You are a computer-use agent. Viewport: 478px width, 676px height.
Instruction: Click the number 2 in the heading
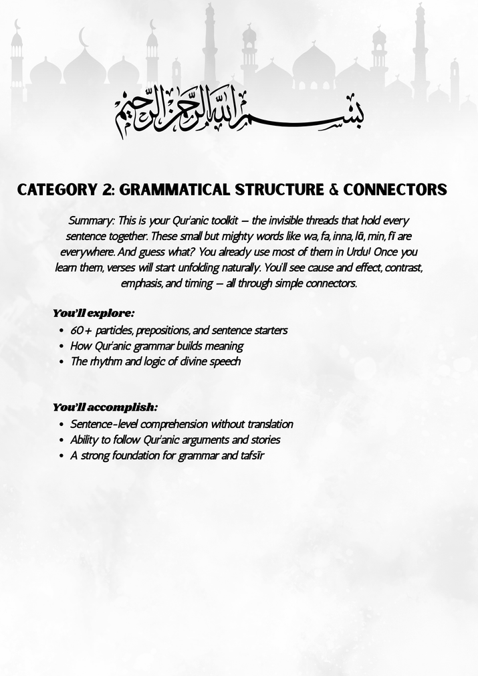(x=106, y=190)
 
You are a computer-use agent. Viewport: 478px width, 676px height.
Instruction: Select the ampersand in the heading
(x=334, y=190)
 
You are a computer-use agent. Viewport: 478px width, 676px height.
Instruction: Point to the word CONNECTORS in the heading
(x=395, y=190)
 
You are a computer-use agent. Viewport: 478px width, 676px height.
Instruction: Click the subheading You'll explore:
(x=94, y=313)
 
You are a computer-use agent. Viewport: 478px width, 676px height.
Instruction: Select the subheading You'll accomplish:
(x=106, y=407)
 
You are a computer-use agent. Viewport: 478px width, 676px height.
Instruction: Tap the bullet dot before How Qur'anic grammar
(x=62, y=346)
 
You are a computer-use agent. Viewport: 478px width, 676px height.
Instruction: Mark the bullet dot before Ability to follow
(x=62, y=440)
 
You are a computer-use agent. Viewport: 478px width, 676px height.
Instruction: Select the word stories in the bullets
(x=264, y=440)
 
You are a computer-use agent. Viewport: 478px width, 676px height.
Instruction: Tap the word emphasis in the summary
(x=142, y=284)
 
